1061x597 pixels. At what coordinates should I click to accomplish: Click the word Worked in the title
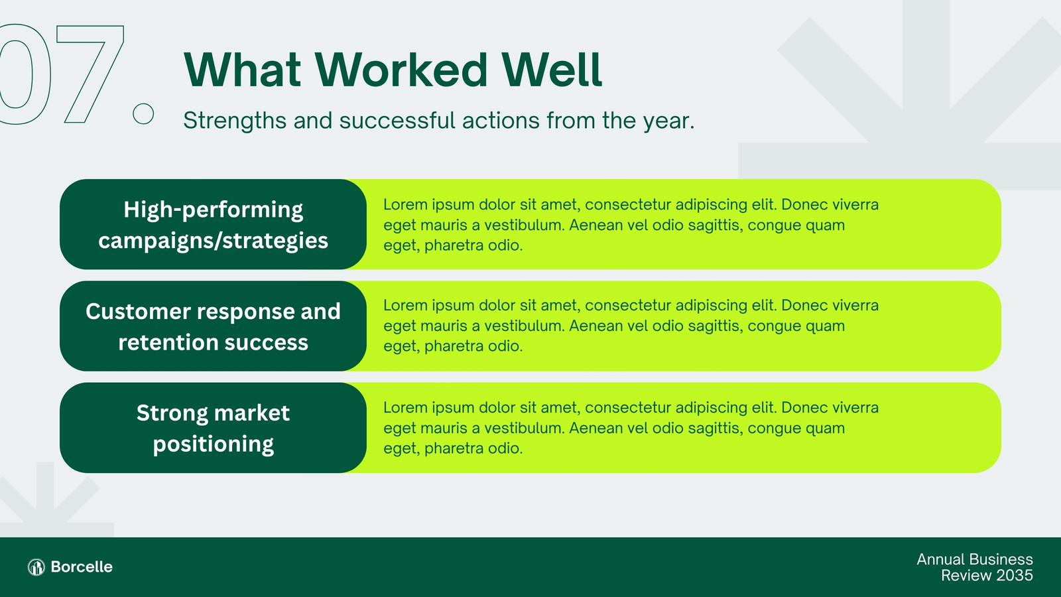pyautogui.click(x=401, y=70)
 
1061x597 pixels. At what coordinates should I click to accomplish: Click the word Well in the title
pyautogui.click(x=552, y=70)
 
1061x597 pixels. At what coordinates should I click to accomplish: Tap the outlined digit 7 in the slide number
pyautogui.click(x=90, y=74)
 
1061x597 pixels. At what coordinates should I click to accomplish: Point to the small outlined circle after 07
pyautogui.click(x=143, y=113)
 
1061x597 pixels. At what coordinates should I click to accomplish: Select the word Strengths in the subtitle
pyautogui.click(x=235, y=121)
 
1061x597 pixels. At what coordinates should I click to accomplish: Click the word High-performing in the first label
pyautogui.click(x=213, y=210)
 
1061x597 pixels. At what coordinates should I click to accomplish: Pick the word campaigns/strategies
pyautogui.click(x=213, y=241)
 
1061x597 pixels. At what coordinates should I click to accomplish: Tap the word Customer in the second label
pyautogui.click(x=138, y=312)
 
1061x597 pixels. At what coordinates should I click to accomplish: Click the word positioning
pyautogui.click(x=213, y=444)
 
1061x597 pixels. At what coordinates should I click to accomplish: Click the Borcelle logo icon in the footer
pyautogui.click(x=36, y=566)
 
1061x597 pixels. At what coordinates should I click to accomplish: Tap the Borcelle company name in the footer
pyautogui.click(x=82, y=566)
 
